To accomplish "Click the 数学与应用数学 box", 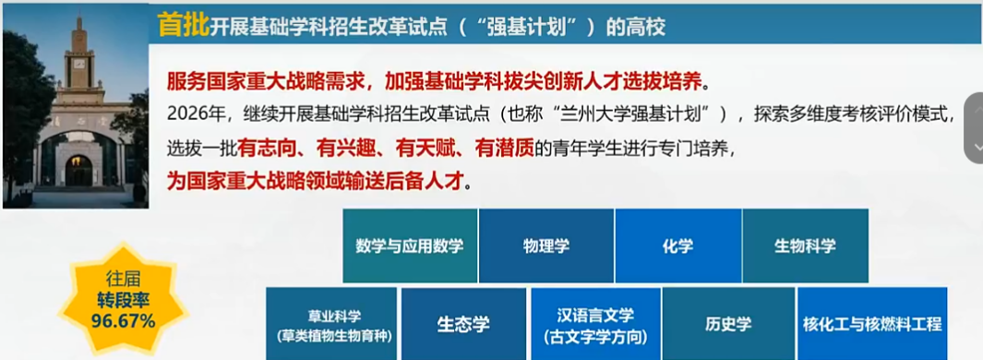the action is click(x=410, y=246).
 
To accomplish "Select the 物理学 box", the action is click(x=546, y=246).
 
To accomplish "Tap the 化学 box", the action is click(x=678, y=246).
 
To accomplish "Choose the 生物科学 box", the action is click(x=806, y=246).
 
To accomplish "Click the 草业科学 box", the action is click(x=331, y=324).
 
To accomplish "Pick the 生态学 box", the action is click(x=464, y=324).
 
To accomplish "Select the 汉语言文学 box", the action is click(x=595, y=324).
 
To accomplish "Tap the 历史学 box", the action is click(x=728, y=324).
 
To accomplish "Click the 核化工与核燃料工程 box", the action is click(x=872, y=324).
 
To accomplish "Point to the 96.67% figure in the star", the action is click(x=124, y=321).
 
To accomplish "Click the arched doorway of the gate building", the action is click(x=79, y=170).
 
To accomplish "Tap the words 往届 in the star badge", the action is click(x=124, y=280).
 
